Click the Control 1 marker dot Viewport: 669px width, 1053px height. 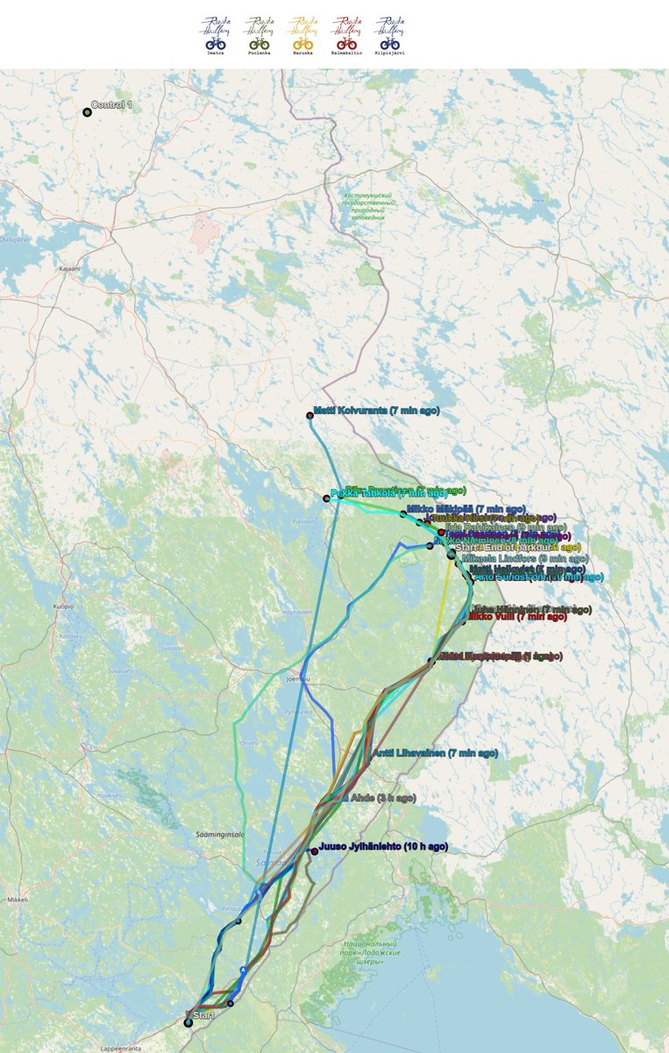pyautogui.click(x=87, y=112)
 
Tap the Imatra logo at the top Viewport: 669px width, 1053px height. pyautogui.click(x=216, y=35)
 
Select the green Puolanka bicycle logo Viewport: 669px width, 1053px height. pyautogui.click(x=259, y=35)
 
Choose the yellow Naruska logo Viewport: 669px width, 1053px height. pyautogui.click(x=302, y=35)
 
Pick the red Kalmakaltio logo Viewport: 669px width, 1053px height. pyautogui.click(x=346, y=35)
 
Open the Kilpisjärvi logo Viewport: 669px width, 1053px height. pyautogui.click(x=389, y=35)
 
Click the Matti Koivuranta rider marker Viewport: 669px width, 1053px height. pyautogui.click(x=310, y=415)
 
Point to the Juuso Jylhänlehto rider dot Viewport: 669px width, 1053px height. pyautogui.click(x=314, y=851)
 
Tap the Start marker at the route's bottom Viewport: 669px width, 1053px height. pyautogui.click(x=189, y=1022)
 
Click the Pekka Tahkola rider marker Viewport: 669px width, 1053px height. pyautogui.click(x=326, y=498)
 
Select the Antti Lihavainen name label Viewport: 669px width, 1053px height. pyautogui.click(x=436, y=753)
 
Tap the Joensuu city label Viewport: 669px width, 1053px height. pyautogui.click(x=299, y=678)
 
